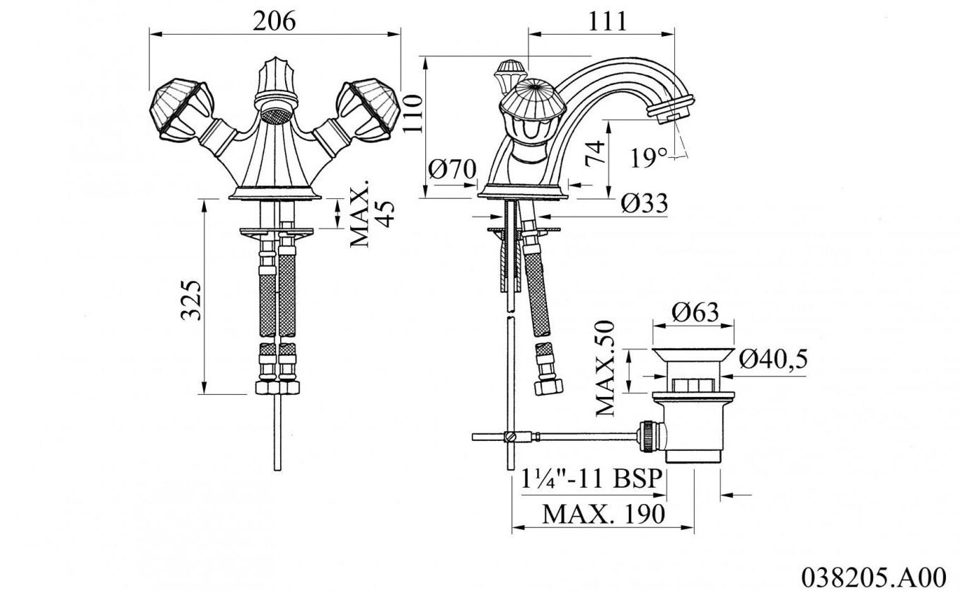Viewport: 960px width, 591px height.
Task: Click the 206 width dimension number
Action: coord(274,21)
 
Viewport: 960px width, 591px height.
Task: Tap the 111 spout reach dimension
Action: coord(607,21)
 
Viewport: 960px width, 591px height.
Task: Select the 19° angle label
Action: coord(649,158)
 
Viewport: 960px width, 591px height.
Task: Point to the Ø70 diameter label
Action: coord(452,168)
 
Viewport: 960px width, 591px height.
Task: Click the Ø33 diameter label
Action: coord(644,203)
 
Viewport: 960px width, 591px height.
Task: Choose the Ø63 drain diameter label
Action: coord(695,312)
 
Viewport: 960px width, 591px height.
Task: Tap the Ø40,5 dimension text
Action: coord(773,359)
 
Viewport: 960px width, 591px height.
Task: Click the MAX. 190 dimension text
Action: coord(603,514)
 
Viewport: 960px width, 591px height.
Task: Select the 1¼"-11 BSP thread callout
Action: coord(591,478)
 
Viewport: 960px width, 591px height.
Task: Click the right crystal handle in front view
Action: coord(368,110)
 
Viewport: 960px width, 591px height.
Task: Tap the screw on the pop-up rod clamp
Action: coord(509,437)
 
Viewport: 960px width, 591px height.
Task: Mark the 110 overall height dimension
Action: coord(412,114)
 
